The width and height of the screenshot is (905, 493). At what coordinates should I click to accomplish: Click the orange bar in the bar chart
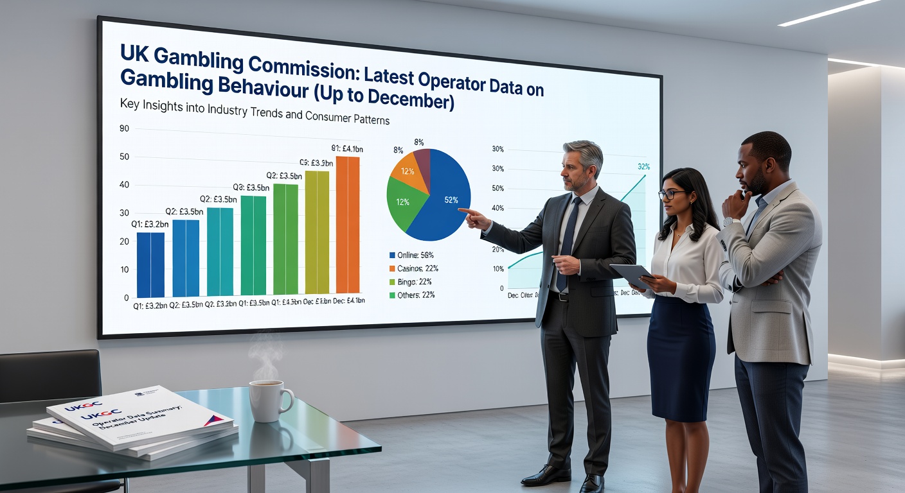click(348, 225)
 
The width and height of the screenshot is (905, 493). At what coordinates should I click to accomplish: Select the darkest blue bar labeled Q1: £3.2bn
click(150, 264)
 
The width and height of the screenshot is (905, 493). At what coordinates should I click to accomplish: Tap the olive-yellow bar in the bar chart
click(317, 232)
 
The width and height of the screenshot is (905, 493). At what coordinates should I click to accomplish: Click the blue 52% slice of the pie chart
click(444, 193)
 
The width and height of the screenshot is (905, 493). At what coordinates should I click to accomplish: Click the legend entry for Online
click(411, 255)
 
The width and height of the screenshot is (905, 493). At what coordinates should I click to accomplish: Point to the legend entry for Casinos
click(413, 268)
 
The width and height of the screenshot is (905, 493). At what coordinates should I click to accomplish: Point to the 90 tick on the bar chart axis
click(125, 128)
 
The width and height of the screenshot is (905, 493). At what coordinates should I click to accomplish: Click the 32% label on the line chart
click(643, 167)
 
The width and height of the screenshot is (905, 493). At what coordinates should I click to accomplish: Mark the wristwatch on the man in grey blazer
click(728, 222)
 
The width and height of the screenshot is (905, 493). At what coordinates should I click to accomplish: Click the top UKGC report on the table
click(138, 416)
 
